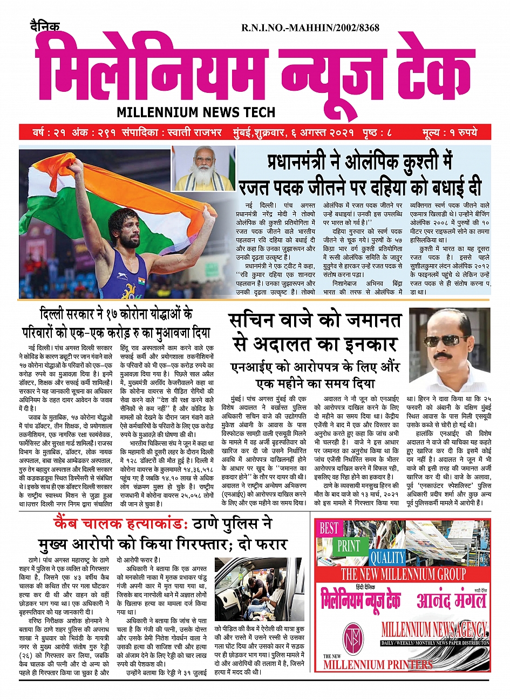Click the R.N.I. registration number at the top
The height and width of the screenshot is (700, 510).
point(310,28)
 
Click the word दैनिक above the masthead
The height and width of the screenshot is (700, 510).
point(45,27)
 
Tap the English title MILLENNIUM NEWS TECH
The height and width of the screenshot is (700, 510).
point(196,112)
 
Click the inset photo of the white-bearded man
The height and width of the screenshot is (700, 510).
point(203,168)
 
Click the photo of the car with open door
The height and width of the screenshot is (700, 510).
point(259,589)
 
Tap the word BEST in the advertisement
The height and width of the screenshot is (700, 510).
point(329,528)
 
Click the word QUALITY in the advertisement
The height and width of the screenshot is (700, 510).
point(387,557)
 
